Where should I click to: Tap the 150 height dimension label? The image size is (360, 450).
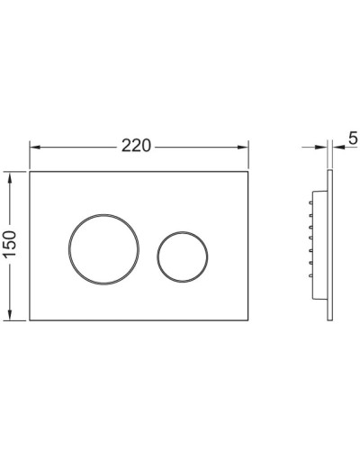[12, 245]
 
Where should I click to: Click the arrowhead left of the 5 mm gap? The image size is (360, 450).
[324, 147]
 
